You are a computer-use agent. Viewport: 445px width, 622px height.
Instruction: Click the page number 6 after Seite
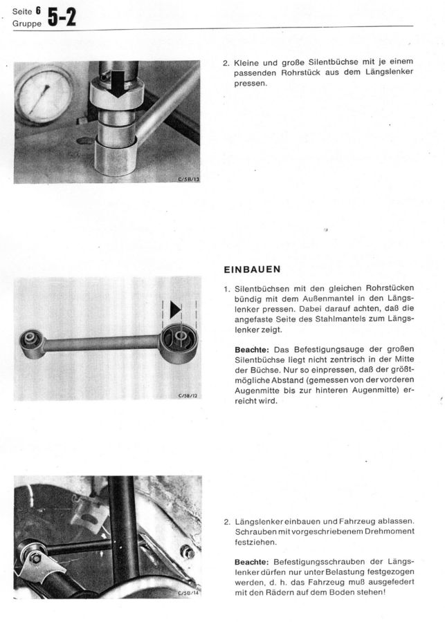coord(38,11)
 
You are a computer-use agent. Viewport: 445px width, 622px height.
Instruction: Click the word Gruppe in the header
coord(26,23)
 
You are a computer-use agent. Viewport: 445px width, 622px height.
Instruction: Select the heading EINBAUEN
coord(251,270)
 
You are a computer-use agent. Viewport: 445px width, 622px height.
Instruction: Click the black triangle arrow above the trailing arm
coord(175,309)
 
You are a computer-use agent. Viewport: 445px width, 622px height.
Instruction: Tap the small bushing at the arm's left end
coord(33,341)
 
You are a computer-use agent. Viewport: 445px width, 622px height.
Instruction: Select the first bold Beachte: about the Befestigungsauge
coord(252,349)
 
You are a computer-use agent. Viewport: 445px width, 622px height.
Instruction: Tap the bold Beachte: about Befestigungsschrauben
coord(252,562)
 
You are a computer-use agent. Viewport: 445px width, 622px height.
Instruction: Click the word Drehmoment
coord(389,531)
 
